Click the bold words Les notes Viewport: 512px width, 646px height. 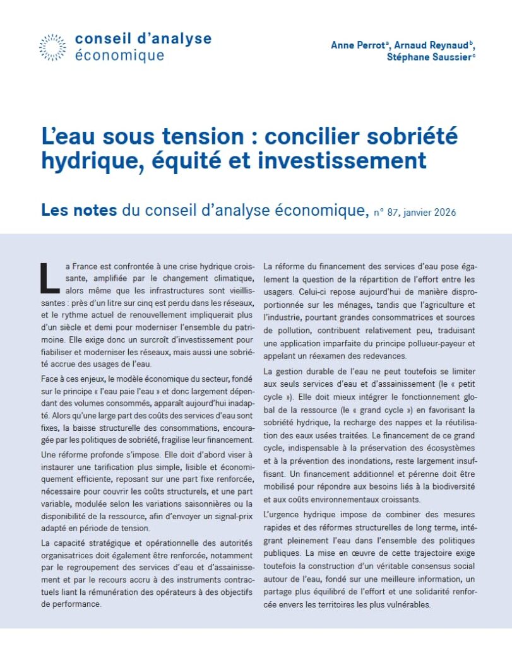click(79, 210)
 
